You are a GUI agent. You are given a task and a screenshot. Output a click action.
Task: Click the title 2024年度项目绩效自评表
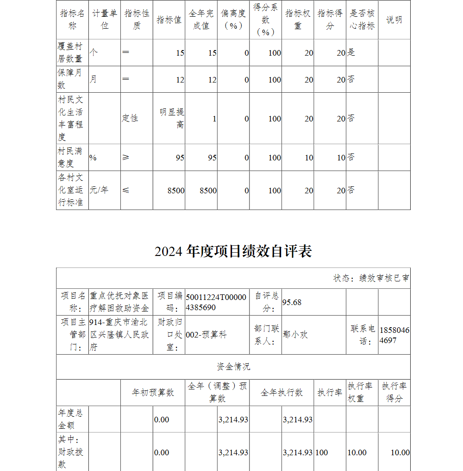coord(233,251)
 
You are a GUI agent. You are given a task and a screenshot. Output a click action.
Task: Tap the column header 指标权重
coord(298,19)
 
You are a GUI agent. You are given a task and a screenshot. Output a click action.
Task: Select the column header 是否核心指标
coord(362,19)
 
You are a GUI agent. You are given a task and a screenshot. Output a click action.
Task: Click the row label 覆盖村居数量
coord(72,52)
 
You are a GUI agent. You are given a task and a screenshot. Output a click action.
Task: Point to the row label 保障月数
coord(72,79)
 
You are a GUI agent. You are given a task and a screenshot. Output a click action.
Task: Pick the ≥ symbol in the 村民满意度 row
coord(126,158)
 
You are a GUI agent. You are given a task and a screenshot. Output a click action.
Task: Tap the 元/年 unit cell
coord(99,190)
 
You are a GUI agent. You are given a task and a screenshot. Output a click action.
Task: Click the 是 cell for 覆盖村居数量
coord(351,52)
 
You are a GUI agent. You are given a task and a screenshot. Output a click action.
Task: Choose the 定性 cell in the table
coord(130,118)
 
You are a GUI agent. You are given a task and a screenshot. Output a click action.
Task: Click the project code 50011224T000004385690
coord(216,302)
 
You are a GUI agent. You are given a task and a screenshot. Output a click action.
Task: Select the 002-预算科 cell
coord(206,335)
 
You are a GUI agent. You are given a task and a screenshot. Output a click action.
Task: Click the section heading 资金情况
coord(233,367)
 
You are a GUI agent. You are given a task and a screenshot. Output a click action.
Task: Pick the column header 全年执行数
coord(282,392)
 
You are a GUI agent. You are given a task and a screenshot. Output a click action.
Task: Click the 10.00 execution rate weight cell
coord(357,452)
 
